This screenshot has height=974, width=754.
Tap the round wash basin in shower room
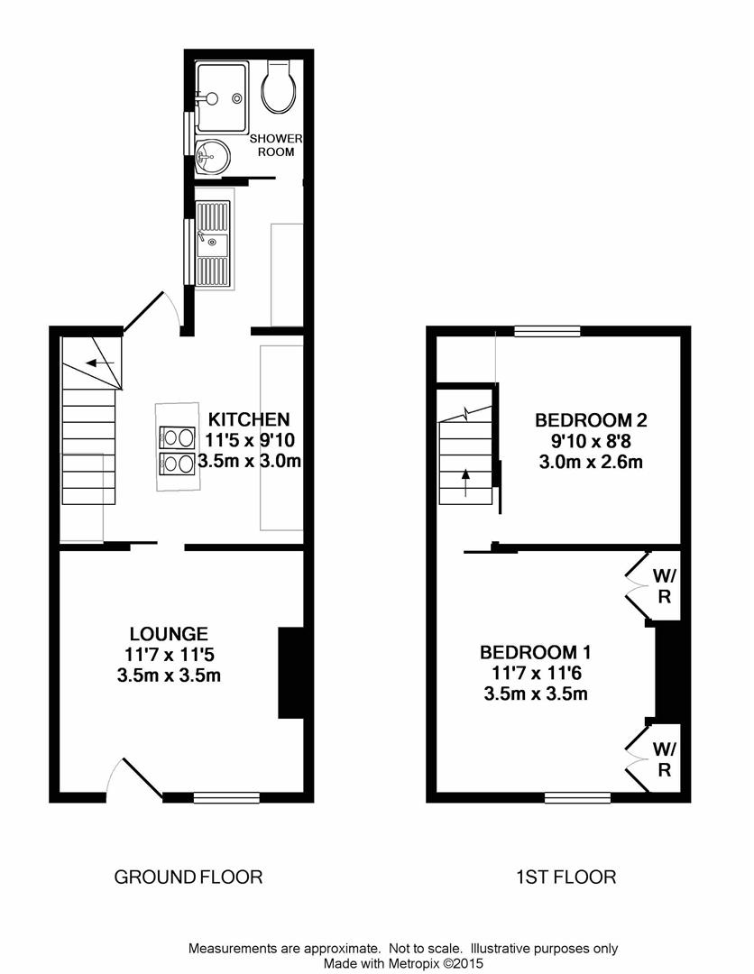pyautogui.click(x=211, y=157)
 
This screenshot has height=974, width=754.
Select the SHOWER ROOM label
pyautogui.click(x=277, y=144)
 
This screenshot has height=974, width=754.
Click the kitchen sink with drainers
pyautogui.click(x=214, y=243)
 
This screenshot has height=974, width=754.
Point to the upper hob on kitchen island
pyautogui.click(x=177, y=438)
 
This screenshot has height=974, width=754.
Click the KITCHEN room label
pyautogui.click(x=249, y=419)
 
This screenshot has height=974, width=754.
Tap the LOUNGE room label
pyautogui.click(x=169, y=634)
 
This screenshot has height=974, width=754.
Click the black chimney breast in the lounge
pyautogui.click(x=290, y=673)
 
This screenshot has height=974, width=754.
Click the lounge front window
pyautogui.click(x=226, y=797)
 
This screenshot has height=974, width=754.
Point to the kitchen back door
pyautogui.click(x=146, y=312)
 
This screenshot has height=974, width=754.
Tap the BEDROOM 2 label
pyautogui.click(x=591, y=420)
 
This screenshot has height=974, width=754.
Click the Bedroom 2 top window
pyautogui.click(x=547, y=332)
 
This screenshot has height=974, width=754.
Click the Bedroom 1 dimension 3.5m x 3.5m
pyautogui.click(x=536, y=694)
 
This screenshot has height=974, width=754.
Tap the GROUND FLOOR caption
pyautogui.click(x=188, y=877)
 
